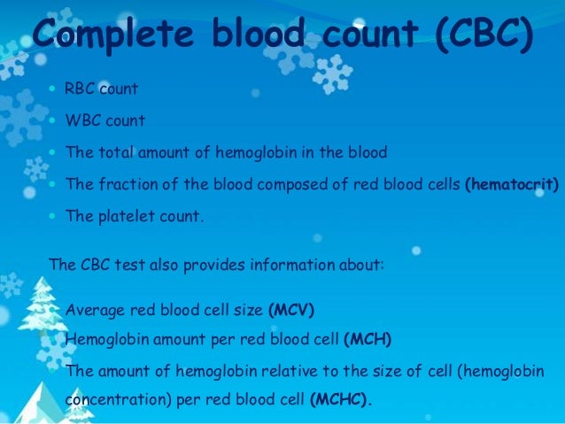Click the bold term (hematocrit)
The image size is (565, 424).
[x=512, y=184]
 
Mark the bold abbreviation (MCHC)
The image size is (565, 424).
[x=341, y=398]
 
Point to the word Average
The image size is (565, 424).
[x=95, y=310]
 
